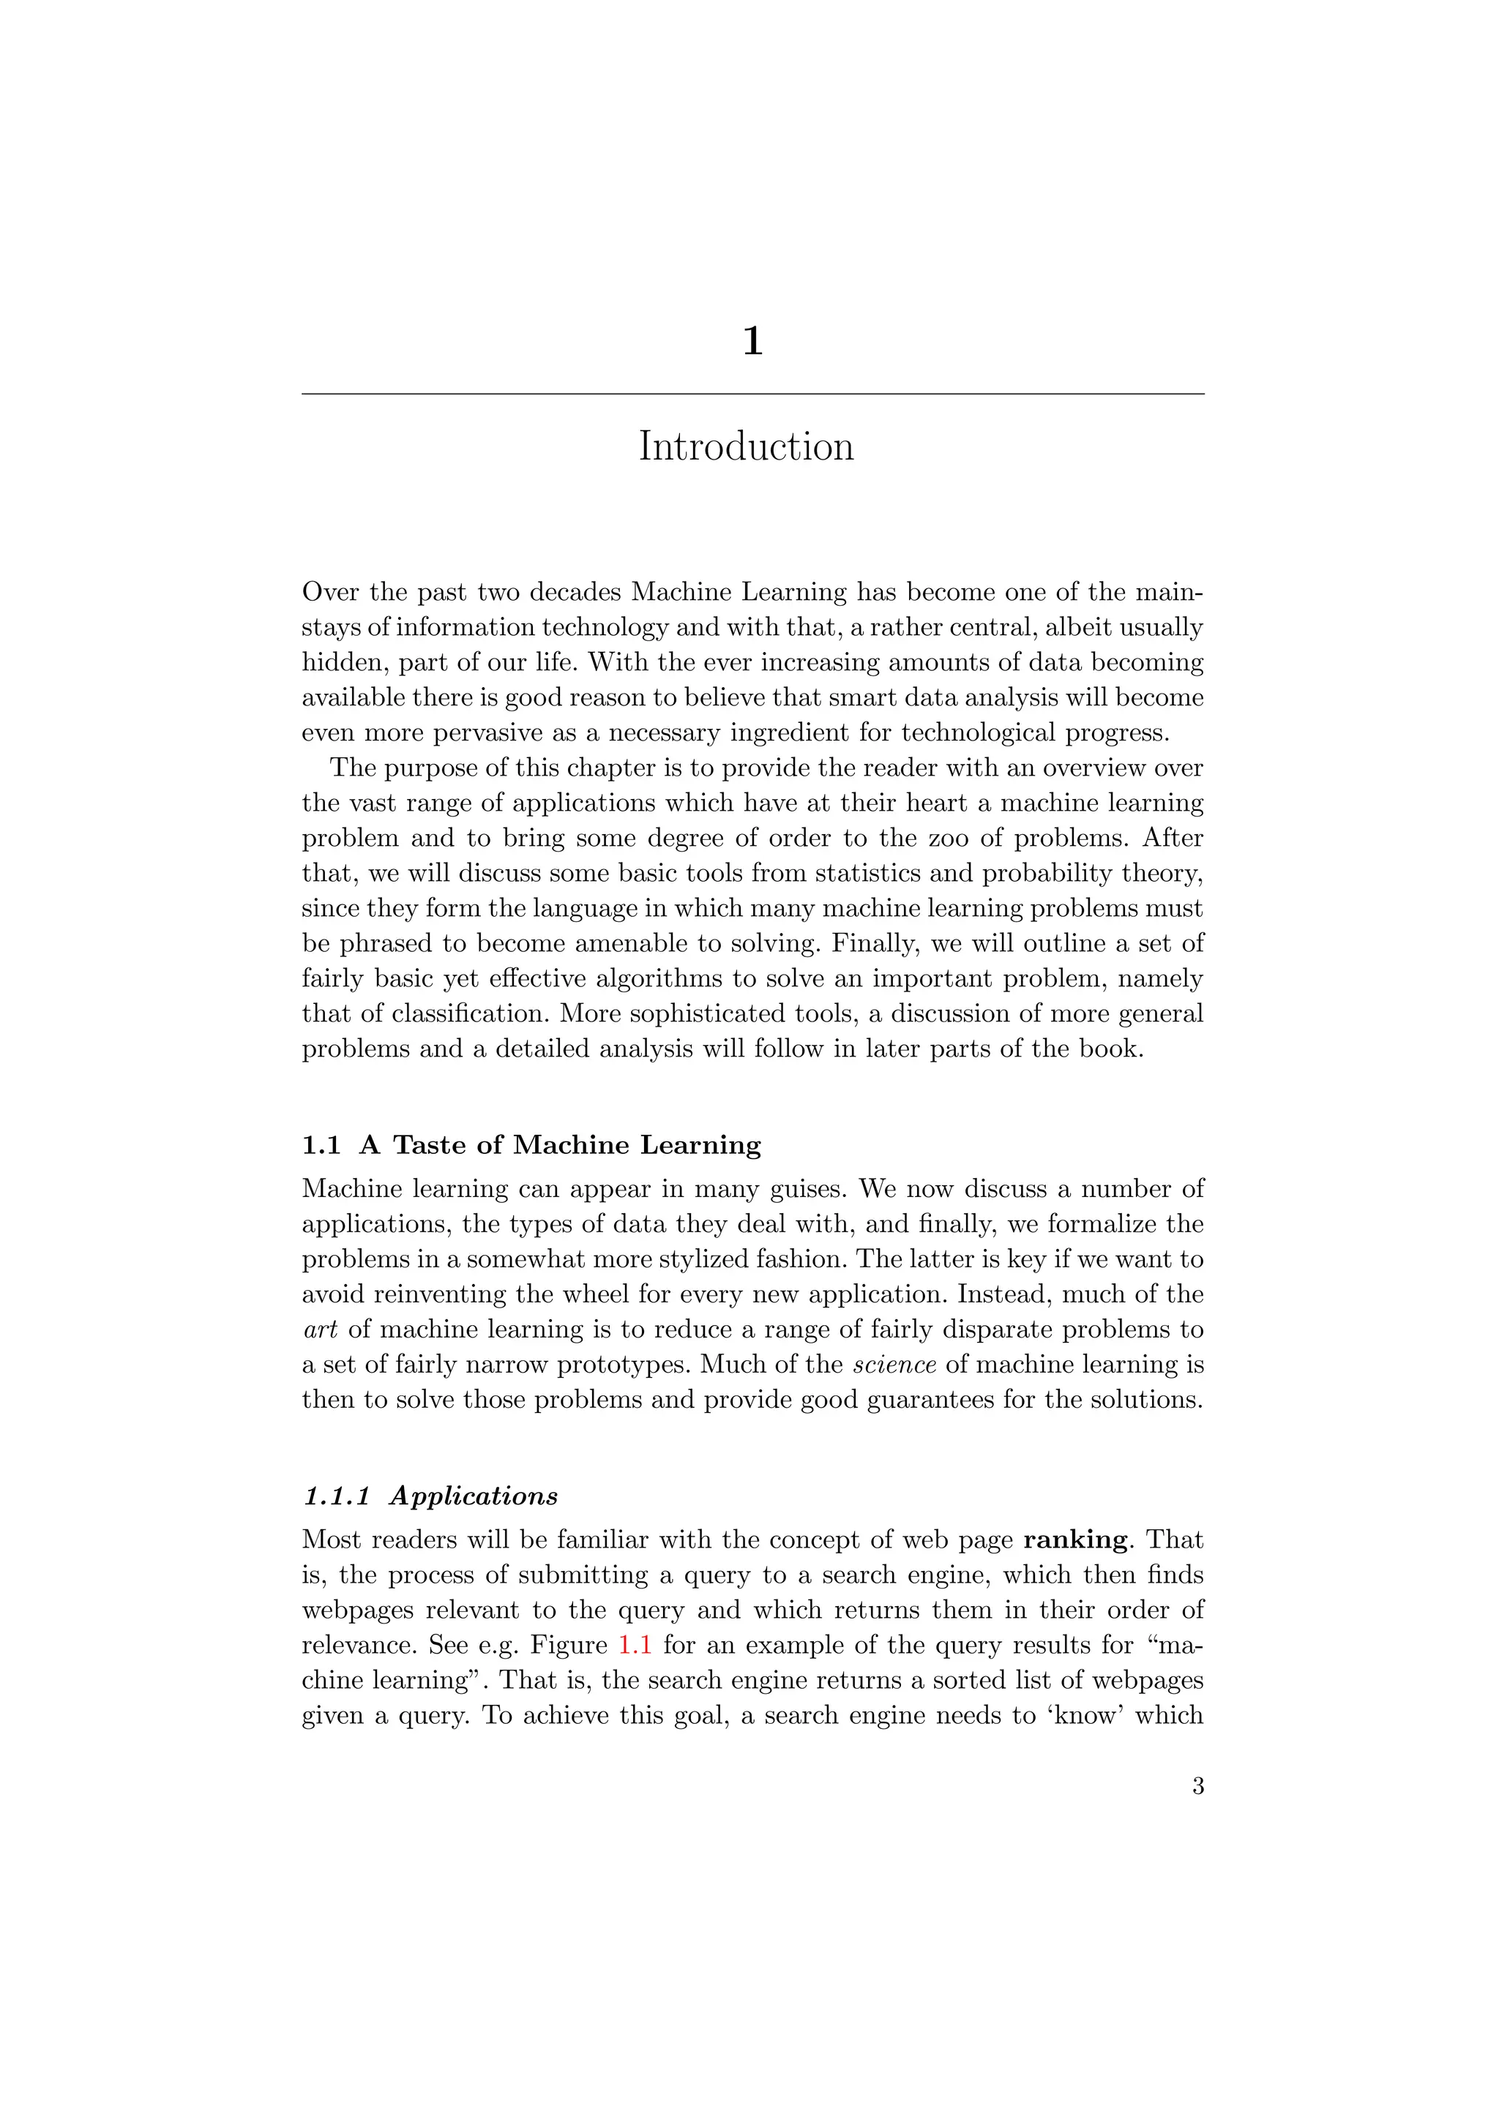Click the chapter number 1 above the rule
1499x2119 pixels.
[x=752, y=342]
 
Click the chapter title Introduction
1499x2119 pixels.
[x=746, y=446]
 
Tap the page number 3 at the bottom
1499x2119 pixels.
[x=1197, y=1786]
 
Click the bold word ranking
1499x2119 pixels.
[x=1075, y=1539]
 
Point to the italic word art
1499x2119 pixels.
[x=319, y=1330]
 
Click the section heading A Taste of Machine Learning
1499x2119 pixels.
[x=560, y=1144]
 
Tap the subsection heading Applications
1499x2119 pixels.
[x=474, y=1496]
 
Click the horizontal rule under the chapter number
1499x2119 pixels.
[x=752, y=394]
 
